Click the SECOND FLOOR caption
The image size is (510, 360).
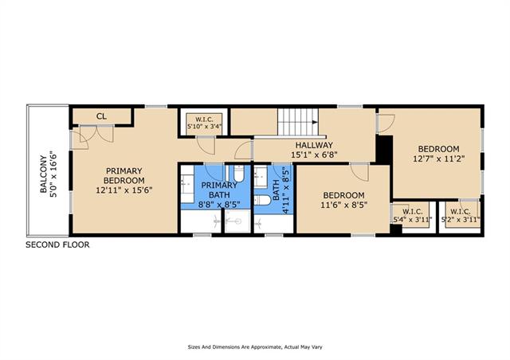click(x=57, y=245)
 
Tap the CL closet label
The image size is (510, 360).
click(x=101, y=116)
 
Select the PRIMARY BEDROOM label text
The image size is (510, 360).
click(x=124, y=175)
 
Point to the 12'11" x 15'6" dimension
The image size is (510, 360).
click(x=124, y=190)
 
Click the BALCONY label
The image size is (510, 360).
click(x=44, y=174)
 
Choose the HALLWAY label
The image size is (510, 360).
click(x=314, y=145)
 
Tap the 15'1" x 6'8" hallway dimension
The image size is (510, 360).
click(x=314, y=155)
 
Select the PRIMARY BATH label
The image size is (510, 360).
click(x=219, y=190)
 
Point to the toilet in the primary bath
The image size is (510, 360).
click(x=238, y=174)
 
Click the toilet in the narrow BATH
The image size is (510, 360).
click(x=262, y=200)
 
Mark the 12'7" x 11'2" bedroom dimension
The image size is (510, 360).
click(x=438, y=158)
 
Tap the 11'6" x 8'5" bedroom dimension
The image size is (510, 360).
click(x=343, y=205)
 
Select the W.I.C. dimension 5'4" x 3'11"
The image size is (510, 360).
click(x=413, y=220)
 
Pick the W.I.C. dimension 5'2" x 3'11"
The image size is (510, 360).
click(x=461, y=220)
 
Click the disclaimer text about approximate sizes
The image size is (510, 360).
click(x=255, y=347)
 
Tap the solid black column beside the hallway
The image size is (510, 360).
click(x=384, y=149)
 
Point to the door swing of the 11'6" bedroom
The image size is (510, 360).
click(x=359, y=172)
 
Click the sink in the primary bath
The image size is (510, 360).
click(x=187, y=184)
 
